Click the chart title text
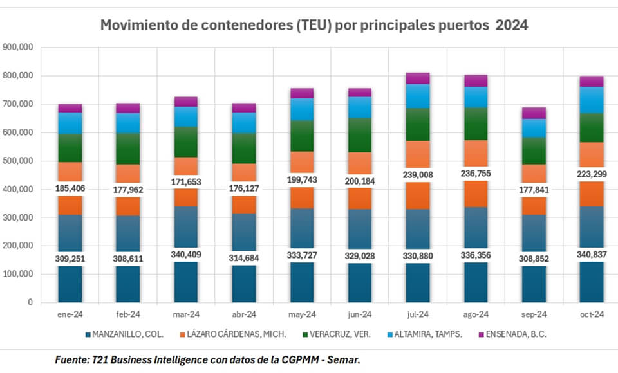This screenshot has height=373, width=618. click(314, 26)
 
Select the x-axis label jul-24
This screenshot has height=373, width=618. click(418, 314)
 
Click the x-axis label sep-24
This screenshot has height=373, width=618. click(534, 314)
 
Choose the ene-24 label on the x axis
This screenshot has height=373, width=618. click(70, 314)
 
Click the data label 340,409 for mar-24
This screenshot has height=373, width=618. click(185, 254)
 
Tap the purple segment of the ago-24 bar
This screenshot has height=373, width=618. click(476, 80)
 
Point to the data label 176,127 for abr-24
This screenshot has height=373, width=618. click(243, 188)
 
